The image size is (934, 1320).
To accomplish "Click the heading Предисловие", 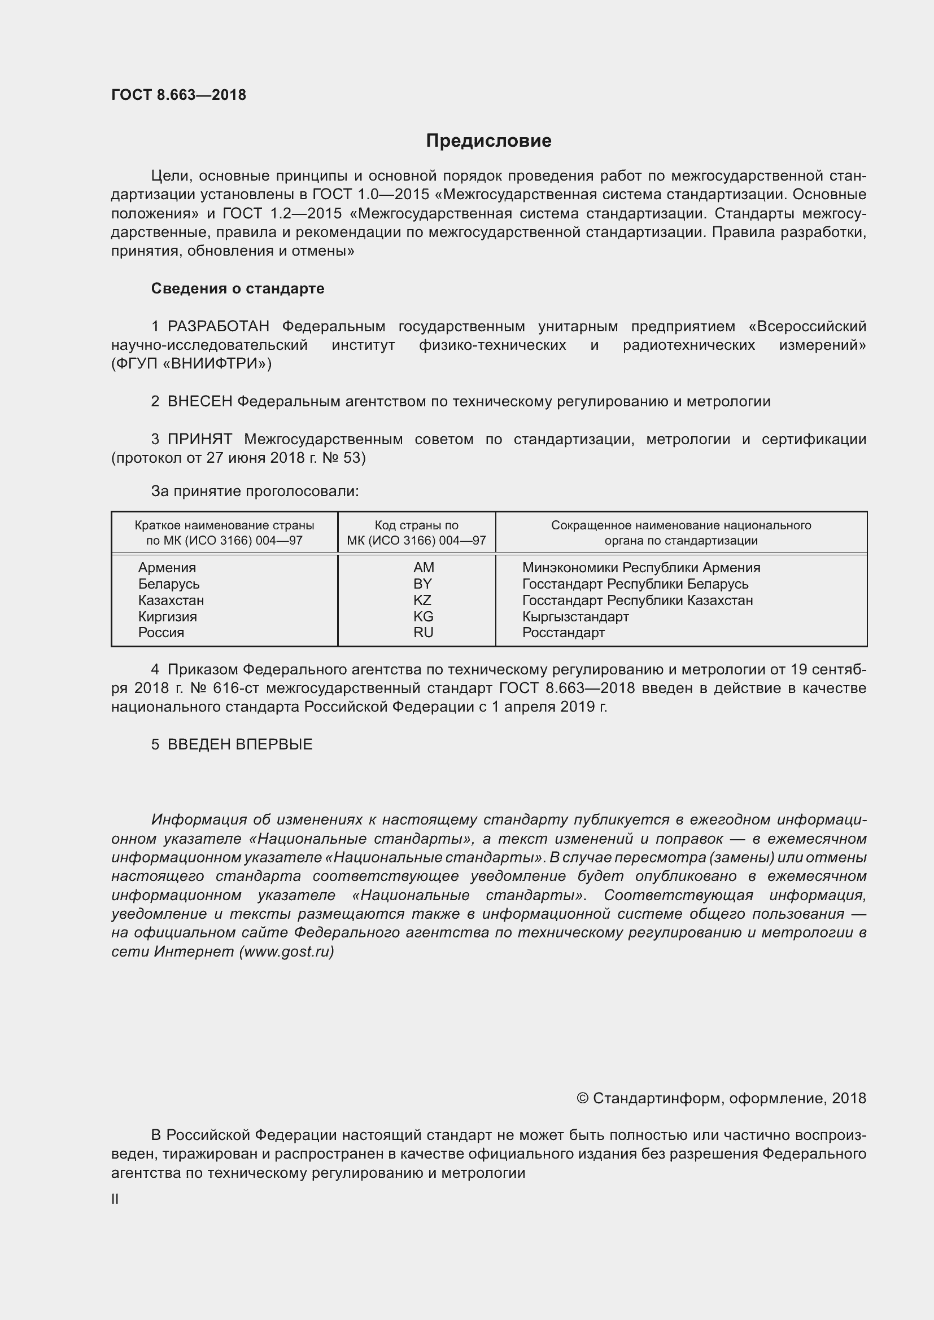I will [x=488, y=141].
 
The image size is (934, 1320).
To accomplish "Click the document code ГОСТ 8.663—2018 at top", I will [x=179, y=95].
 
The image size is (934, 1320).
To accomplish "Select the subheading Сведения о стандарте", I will [x=238, y=288].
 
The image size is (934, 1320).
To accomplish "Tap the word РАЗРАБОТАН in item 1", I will [x=219, y=327].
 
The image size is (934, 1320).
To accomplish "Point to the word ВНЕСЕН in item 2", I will [x=199, y=402].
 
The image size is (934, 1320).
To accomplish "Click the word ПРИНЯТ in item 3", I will [x=199, y=440].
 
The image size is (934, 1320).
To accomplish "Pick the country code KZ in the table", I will [x=422, y=600].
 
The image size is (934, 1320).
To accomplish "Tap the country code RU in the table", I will [x=424, y=633].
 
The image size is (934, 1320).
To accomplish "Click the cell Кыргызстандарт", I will [x=575, y=617].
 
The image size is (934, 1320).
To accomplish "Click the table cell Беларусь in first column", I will [x=168, y=584].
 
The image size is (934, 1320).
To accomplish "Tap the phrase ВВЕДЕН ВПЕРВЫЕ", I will [x=240, y=744].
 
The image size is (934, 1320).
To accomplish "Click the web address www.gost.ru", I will [x=286, y=951].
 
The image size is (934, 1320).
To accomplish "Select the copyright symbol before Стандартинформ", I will [x=582, y=1099].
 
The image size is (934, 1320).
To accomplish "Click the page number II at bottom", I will [x=115, y=1199].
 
